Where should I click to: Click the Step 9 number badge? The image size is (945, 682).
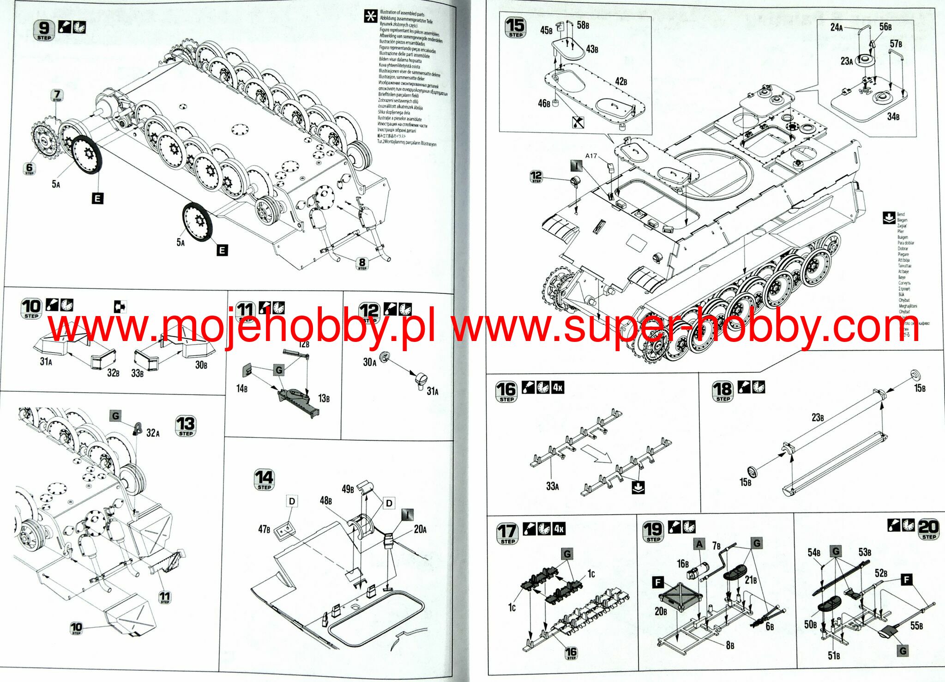(x=44, y=30)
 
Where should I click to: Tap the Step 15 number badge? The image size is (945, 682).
(x=515, y=28)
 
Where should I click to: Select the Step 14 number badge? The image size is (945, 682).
(x=265, y=480)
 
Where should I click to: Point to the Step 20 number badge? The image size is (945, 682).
(x=928, y=529)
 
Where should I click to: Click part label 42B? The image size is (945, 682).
(x=621, y=82)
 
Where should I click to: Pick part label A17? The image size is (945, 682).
(x=591, y=156)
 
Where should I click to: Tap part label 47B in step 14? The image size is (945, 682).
(x=264, y=529)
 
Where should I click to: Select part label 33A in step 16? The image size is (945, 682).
(x=552, y=486)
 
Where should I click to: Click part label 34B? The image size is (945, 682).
(x=893, y=116)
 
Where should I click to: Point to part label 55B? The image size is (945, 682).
(x=917, y=626)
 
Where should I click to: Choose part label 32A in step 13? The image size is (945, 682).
(x=153, y=433)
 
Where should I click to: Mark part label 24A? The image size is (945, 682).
(x=837, y=27)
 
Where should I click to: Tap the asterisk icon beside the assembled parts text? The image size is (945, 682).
(x=370, y=17)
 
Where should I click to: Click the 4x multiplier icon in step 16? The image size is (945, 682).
(x=558, y=387)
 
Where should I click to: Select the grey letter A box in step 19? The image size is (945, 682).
(x=699, y=544)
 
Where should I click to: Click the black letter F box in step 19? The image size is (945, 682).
(x=658, y=583)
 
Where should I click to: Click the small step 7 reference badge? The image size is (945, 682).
(x=57, y=96)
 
